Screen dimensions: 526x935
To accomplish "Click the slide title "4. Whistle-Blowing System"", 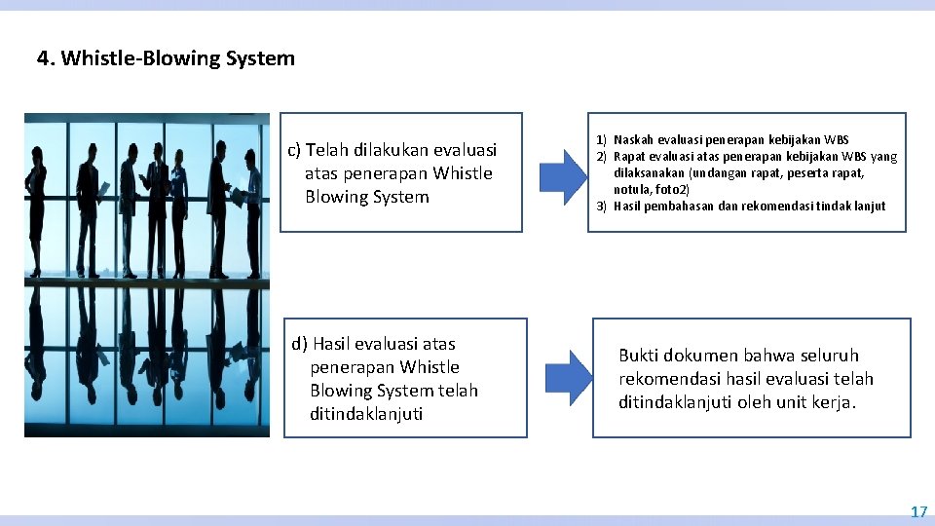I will [166, 58].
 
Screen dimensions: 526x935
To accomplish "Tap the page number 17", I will [918, 511].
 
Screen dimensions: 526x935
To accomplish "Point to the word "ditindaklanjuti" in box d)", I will [366, 414].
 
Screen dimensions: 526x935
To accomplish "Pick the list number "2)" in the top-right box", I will [601, 157].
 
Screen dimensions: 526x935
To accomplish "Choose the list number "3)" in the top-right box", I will [601, 206].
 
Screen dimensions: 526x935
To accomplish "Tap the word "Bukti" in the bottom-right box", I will [639, 356].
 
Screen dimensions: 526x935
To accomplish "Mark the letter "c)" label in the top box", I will [294, 150].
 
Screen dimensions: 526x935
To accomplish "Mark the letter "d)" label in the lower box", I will [300, 344].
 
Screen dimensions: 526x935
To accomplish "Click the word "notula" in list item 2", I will [631, 189].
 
